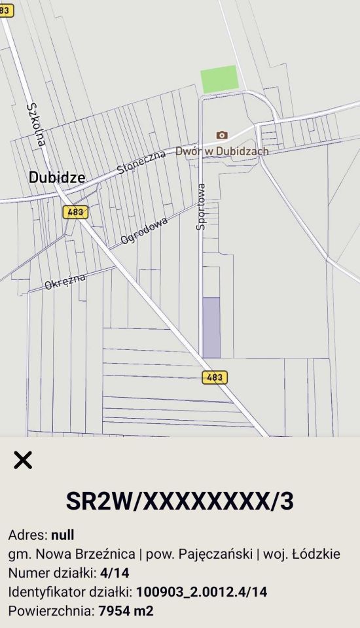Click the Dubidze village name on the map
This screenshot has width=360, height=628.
[x=56, y=177]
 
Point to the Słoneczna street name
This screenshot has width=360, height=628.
[x=141, y=160]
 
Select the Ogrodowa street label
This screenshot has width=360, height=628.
[x=144, y=231]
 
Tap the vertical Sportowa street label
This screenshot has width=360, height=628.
[x=201, y=206]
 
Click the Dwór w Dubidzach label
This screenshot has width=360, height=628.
[x=222, y=151]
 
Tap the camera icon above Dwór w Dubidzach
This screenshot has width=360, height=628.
[x=222, y=135]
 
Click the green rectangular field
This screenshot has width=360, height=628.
[x=219, y=79]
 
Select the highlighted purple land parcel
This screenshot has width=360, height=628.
[x=211, y=327]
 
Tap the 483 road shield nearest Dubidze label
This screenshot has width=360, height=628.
[x=75, y=212]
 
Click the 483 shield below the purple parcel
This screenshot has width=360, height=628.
[x=215, y=377]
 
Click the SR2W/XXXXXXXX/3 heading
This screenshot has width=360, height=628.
[x=180, y=501]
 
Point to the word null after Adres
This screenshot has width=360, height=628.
[x=63, y=536]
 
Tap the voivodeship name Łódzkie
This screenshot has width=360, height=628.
[x=315, y=554]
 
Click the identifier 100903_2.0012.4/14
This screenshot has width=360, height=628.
[x=202, y=592]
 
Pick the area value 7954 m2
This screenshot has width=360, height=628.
[x=126, y=611]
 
